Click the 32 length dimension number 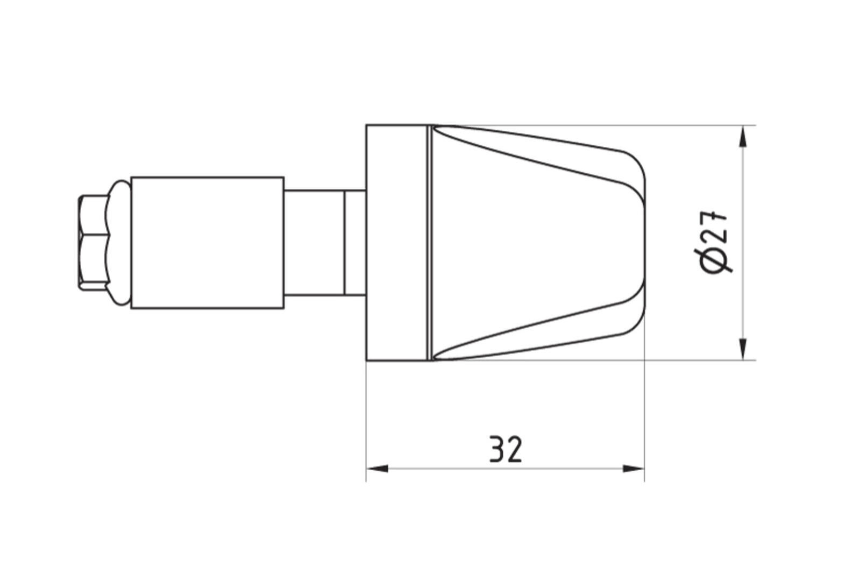point(506,449)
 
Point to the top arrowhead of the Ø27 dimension point(743,136)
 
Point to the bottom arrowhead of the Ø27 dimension point(743,349)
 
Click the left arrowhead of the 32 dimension point(377,469)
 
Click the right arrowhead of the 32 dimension point(633,469)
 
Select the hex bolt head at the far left point(93,242)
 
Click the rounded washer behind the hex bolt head point(119,243)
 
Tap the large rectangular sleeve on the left point(207,243)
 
